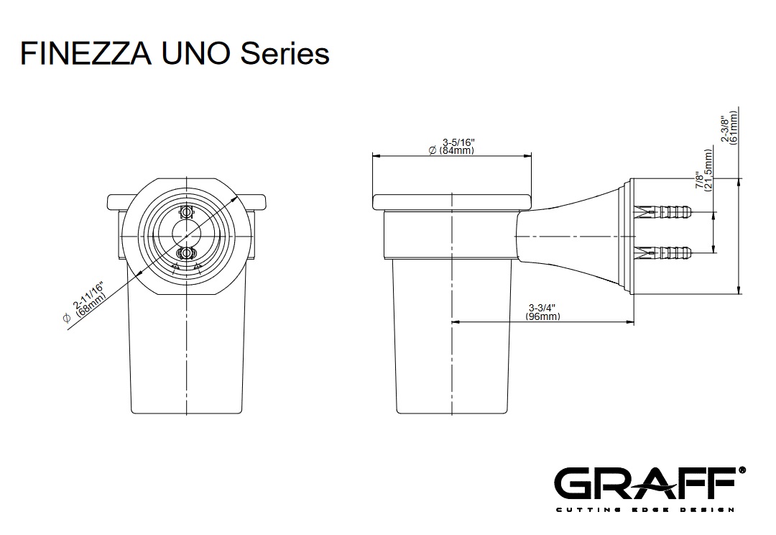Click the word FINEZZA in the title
[86, 53]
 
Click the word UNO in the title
[195, 53]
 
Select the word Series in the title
[285, 53]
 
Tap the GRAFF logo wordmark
[644, 483]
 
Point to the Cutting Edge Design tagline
[645, 510]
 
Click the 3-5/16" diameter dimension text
[458, 142]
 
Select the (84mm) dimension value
[457, 150]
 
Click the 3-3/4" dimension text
[542, 308]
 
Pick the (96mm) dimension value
[543, 316]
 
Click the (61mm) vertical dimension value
[734, 127]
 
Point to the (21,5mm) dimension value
[708, 170]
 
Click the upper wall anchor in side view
[662, 213]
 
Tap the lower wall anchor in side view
[662, 253]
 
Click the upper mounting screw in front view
[186, 213]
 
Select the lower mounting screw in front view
[186, 253]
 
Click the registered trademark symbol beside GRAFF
[742, 470]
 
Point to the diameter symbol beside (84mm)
[433, 150]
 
